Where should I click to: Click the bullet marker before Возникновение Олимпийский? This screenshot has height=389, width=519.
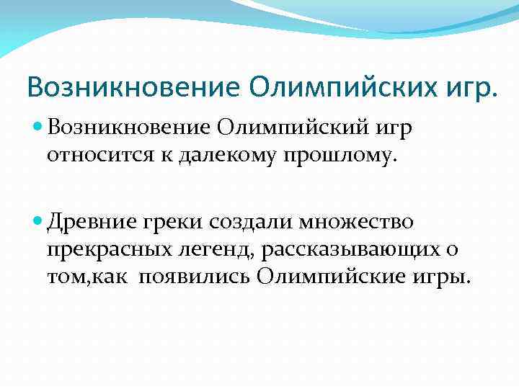click(37, 127)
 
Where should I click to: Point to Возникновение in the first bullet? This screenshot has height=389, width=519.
click(128, 128)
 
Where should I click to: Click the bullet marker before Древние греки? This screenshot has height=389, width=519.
click(37, 220)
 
